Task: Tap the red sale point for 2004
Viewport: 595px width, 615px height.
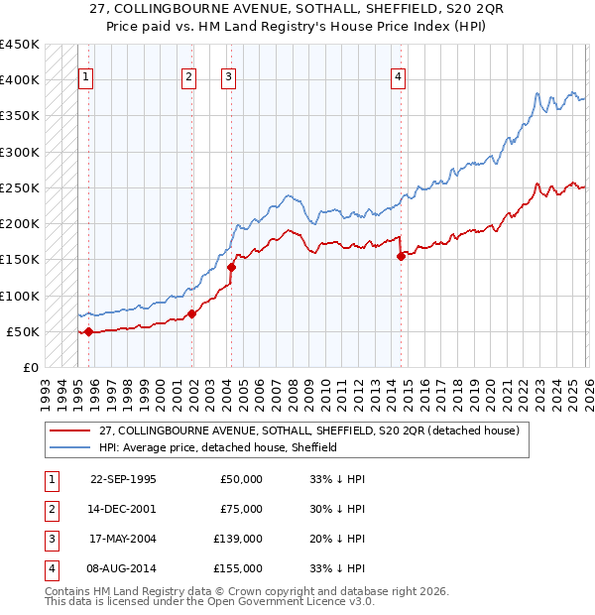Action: click(231, 267)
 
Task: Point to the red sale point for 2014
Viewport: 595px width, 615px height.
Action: click(402, 256)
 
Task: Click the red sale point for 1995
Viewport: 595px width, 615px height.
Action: click(88, 331)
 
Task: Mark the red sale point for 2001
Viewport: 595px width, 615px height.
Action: click(192, 313)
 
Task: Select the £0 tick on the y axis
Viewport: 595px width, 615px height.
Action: click(30, 367)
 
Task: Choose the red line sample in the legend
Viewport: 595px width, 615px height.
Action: click(69, 431)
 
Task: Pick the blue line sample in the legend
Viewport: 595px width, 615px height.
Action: click(69, 447)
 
